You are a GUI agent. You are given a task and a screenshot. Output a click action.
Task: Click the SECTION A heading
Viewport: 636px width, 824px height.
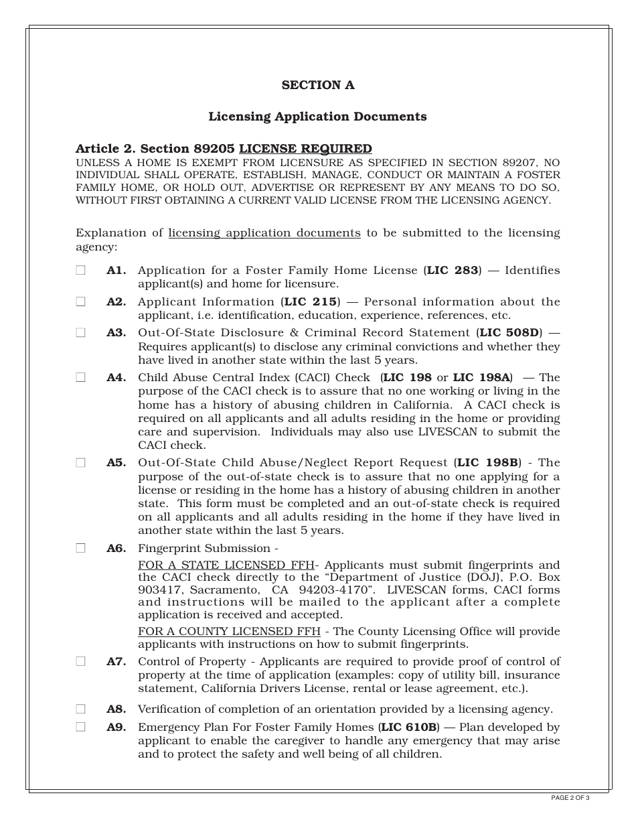pos(317,85)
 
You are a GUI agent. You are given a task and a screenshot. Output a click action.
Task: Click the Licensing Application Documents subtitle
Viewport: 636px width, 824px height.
pos(317,117)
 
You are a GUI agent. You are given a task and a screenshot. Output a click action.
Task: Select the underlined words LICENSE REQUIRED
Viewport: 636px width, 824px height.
pos(305,149)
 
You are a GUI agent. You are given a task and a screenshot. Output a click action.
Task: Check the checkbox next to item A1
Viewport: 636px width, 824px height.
pos(80,271)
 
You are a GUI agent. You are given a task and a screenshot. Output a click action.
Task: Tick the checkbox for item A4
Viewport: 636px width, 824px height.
pos(80,377)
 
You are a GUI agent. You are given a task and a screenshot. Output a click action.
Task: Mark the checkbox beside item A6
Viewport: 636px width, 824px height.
pos(80,548)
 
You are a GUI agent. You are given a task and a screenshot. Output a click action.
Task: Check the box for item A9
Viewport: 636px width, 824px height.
pos(80,727)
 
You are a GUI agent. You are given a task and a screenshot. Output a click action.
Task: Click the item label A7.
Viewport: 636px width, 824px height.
pos(116,661)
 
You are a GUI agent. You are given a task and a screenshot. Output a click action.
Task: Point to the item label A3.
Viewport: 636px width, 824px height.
pos(116,333)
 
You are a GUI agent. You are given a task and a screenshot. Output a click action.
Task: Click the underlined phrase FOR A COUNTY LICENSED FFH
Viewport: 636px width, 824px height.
pos(229,632)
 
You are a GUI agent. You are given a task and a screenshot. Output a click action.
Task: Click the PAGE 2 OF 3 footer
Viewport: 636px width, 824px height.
pos(570,798)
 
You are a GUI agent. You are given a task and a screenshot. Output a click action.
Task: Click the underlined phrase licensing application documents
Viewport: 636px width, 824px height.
pos(264,233)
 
